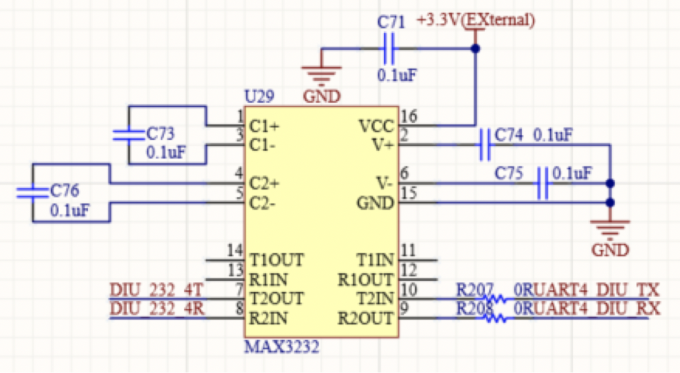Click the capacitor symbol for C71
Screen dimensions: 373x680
(390, 49)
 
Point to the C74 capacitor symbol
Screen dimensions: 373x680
(484, 144)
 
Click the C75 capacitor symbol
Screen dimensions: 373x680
(542, 183)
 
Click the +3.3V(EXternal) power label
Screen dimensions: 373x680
(476, 20)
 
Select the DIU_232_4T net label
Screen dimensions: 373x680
(157, 290)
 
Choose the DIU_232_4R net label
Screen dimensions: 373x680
(157, 309)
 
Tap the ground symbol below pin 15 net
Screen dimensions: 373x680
(609, 230)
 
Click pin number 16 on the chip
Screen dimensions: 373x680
(409, 117)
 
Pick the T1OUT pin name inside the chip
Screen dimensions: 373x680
(276, 260)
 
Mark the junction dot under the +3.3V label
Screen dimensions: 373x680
(475, 49)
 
